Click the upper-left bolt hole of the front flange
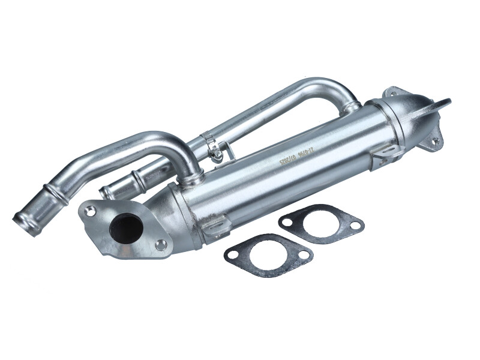90,211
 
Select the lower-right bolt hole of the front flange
160,244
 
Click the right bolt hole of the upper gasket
355,226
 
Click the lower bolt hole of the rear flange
435,142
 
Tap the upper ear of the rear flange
444,102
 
